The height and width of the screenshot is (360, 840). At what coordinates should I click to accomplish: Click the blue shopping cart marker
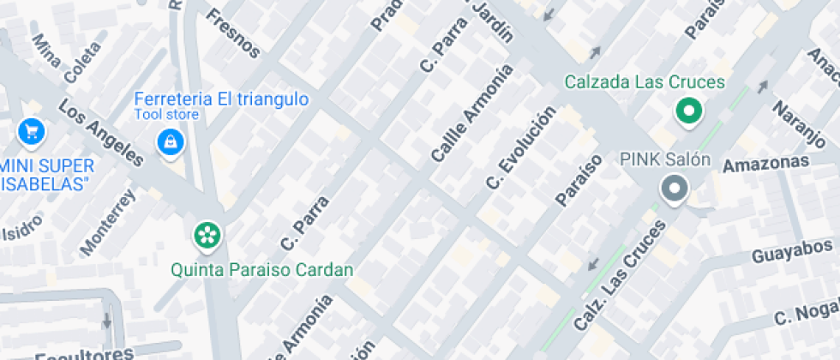click(x=32, y=131)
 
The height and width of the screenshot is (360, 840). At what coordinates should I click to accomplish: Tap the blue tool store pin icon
click(x=170, y=141)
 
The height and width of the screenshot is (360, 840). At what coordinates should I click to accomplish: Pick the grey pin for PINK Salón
click(x=675, y=189)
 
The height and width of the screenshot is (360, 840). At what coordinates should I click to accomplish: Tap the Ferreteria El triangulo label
click(x=221, y=99)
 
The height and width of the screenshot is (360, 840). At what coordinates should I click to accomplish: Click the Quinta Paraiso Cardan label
click(x=262, y=270)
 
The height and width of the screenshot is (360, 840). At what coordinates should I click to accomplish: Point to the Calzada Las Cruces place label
click(x=645, y=82)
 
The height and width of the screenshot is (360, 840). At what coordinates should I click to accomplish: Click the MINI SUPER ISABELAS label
click(x=46, y=171)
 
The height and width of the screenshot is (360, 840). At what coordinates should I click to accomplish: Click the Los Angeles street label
click(x=100, y=132)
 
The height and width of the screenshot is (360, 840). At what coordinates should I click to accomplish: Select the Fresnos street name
click(x=233, y=33)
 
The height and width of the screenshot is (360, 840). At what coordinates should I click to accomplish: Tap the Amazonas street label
click(x=765, y=164)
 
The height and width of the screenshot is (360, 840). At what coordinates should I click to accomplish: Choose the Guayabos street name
click(x=793, y=253)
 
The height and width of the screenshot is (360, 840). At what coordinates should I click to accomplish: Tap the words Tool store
click(x=166, y=114)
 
